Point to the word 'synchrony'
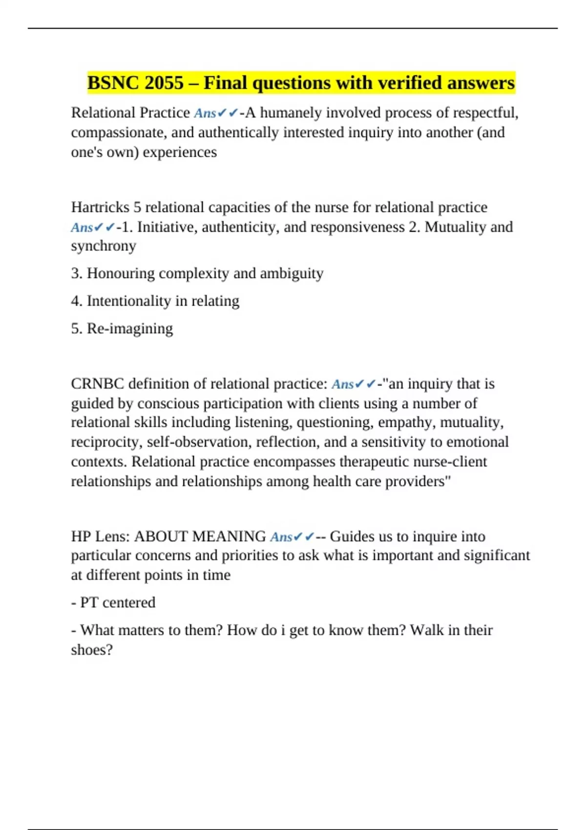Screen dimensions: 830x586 point(104,246)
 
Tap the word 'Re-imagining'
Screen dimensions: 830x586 point(130,329)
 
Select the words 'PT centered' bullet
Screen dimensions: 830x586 point(117,603)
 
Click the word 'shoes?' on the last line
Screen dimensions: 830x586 point(92,650)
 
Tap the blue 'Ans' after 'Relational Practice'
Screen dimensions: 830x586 point(205,113)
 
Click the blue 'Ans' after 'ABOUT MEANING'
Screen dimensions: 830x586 point(281,537)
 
